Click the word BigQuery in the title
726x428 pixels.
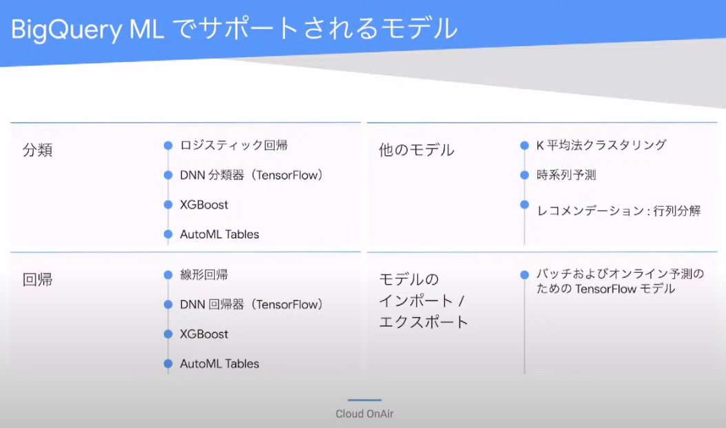tap(66, 30)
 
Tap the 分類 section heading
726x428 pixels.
tap(37, 150)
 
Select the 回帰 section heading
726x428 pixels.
tap(37, 279)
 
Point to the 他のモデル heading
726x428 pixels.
tap(417, 150)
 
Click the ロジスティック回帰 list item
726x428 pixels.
tap(234, 145)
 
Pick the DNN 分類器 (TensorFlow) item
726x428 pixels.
tap(251, 175)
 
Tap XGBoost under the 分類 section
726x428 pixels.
tap(204, 205)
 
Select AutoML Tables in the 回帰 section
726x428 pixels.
tap(220, 364)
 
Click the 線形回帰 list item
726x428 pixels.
tap(204, 275)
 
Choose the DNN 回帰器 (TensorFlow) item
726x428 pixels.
tap(251, 305)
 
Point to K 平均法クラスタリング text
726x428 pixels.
tap(601, 145)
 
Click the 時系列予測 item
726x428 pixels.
tap(566, 175)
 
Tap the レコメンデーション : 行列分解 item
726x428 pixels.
tap(619, 211)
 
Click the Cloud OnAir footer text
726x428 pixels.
tap(364, 414)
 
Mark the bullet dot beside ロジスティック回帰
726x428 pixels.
tap(168, 145)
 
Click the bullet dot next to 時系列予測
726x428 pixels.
tap(525, 175)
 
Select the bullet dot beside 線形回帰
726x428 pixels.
tap(168, 275)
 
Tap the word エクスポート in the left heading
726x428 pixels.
tap(424, 322)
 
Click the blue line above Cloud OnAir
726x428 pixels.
tap(364, 400)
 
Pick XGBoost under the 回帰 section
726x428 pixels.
tap(204, 334)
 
